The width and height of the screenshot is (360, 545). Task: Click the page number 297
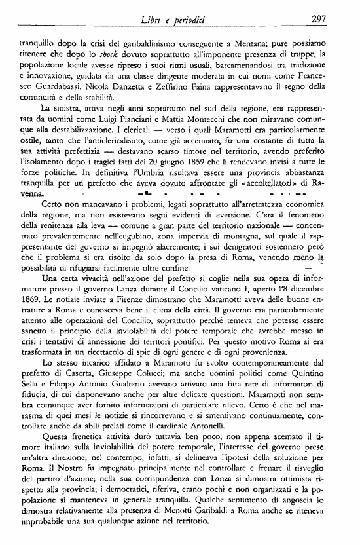coord(318,19)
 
